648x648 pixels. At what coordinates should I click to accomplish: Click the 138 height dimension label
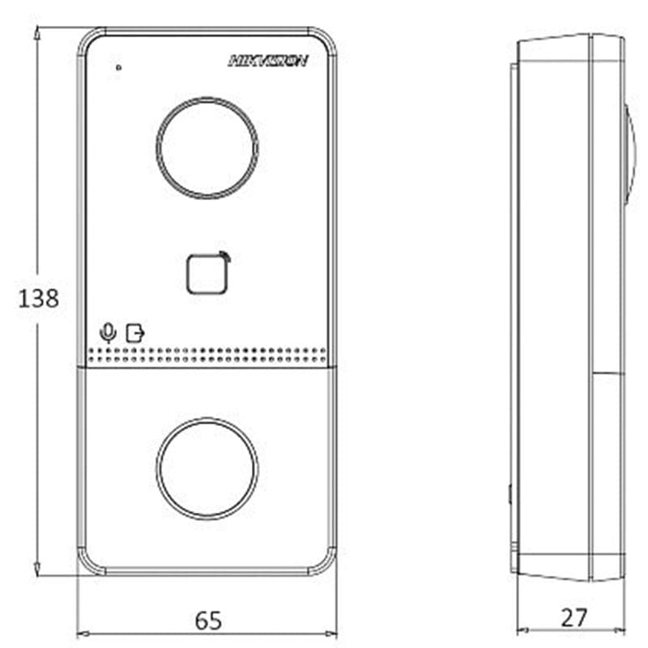click(38, 298)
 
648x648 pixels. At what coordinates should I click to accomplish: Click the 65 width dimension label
click(208, 620)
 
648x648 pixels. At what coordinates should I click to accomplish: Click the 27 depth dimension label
click(573, 618)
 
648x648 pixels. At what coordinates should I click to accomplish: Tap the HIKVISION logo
click(268, 61)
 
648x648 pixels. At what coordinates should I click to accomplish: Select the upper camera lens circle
click(207, 98)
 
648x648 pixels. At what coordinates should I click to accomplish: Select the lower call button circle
click(207, 419)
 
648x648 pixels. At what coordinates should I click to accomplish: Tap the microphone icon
click(109, 333)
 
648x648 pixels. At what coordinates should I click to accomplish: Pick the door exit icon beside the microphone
click(135, 334)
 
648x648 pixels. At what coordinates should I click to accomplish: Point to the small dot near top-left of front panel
click(119, 67)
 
